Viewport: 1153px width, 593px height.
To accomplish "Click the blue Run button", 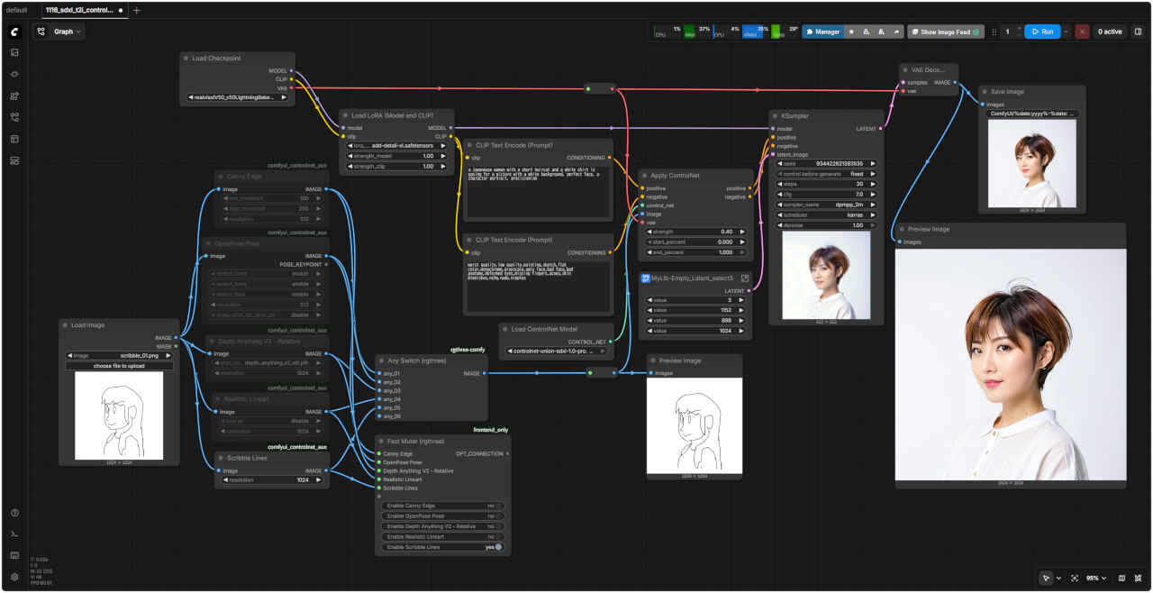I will [1041, 32].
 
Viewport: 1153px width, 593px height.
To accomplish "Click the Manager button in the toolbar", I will [823, 32].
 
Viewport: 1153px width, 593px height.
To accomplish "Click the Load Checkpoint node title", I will [216, 59].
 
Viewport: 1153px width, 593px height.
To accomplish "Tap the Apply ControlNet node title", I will [674, 176].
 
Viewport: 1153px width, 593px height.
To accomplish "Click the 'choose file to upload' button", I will [120, 366].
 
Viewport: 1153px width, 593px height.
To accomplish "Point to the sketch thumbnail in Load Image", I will [119, 415].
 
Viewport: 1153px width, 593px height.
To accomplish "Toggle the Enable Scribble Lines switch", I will [498, 547].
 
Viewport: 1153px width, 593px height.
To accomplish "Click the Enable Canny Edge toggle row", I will [440, 506].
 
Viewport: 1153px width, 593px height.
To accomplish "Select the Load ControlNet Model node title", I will [543, 329].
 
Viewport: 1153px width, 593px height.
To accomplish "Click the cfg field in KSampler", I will [827, 194].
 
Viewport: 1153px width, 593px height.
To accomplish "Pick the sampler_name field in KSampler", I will [827, 205].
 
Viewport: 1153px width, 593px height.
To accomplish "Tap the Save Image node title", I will [1007, 92].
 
